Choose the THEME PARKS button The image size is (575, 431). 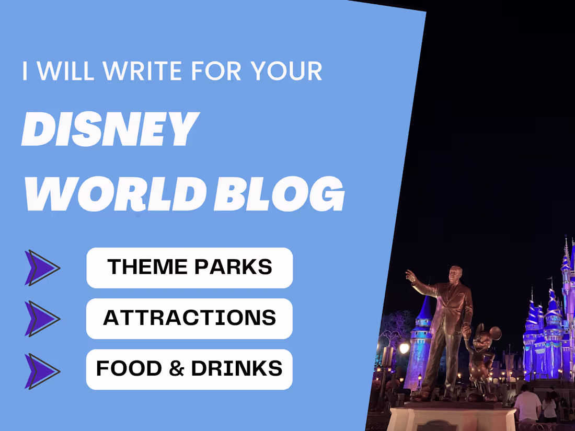[189, 267]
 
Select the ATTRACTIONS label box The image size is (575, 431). [189, 318]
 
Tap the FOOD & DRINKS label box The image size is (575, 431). [189, 369]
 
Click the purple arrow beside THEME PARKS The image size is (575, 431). [42, 268]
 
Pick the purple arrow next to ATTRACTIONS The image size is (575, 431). [42, 319]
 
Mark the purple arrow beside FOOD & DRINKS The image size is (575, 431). [42, 371]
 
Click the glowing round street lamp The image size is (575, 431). [404, 348]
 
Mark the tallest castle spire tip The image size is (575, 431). [566, 239]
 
